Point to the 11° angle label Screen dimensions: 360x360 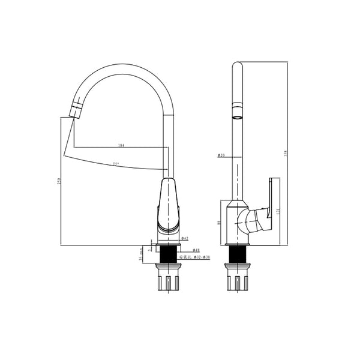115,164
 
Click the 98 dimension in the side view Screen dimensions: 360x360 220,222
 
